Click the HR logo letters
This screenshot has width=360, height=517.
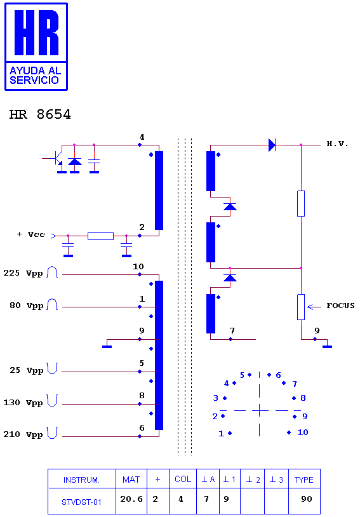[36, 32]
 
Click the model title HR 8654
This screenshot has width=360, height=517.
[40, 114]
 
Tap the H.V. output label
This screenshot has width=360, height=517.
[337, 144]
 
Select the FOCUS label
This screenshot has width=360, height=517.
[340, 305]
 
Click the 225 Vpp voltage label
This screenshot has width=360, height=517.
[23, 273]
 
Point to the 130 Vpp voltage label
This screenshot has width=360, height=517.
[23, 403]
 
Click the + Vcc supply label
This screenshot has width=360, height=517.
[30, 234]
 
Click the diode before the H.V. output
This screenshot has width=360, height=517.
[272, 145]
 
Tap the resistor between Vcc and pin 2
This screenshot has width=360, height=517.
[100, 236]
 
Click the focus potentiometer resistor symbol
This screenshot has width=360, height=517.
[301, 307]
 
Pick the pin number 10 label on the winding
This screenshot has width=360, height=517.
[138, 266]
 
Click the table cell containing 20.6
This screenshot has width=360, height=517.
[131, 499]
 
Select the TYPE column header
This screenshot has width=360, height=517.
[304, 480]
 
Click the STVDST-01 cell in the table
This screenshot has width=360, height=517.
[81, 502]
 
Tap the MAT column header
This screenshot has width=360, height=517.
[131, 480]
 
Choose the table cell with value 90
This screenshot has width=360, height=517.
[306, 499]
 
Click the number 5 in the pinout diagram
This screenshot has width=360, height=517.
[242, 375]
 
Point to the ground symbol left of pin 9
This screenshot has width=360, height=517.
[107, 347]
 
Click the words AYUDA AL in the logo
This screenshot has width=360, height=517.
[36, 70]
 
